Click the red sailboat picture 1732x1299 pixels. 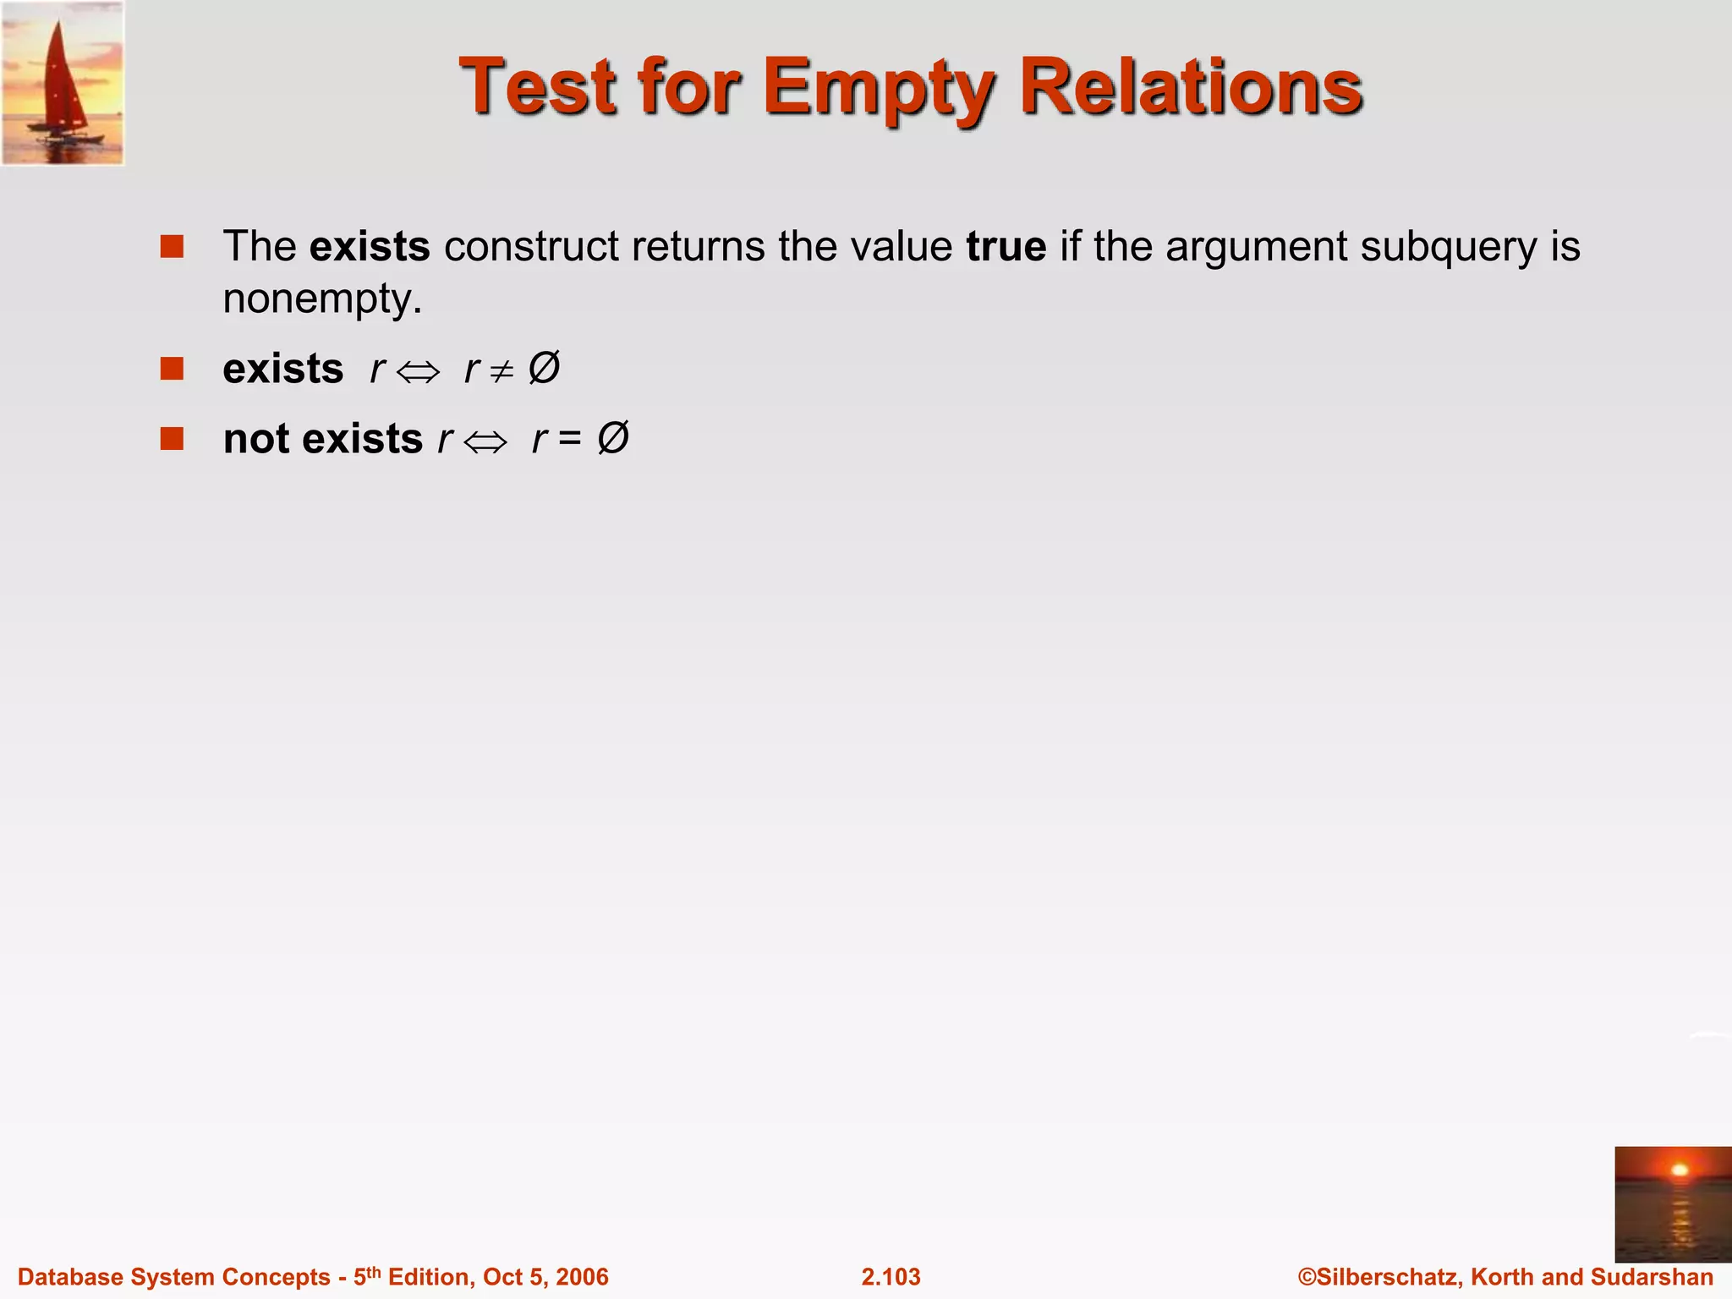[x=63, y=83]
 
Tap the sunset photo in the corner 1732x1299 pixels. [x=1672, y=1204]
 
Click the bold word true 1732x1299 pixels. [x=1006, y=247]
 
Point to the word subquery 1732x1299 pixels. [x=1449, y=247]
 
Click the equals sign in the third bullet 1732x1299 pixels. [x=570, y=440]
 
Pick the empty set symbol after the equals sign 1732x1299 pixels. [x=613, y=438]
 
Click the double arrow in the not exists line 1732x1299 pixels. [x=485, y=441]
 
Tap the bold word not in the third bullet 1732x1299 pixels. [x=256, y=440]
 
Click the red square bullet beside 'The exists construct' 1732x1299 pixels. [x=172, y=247]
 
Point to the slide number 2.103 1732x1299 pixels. [x=891, y=1277]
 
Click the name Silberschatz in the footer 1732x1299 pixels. [x=1387, y=1277]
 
